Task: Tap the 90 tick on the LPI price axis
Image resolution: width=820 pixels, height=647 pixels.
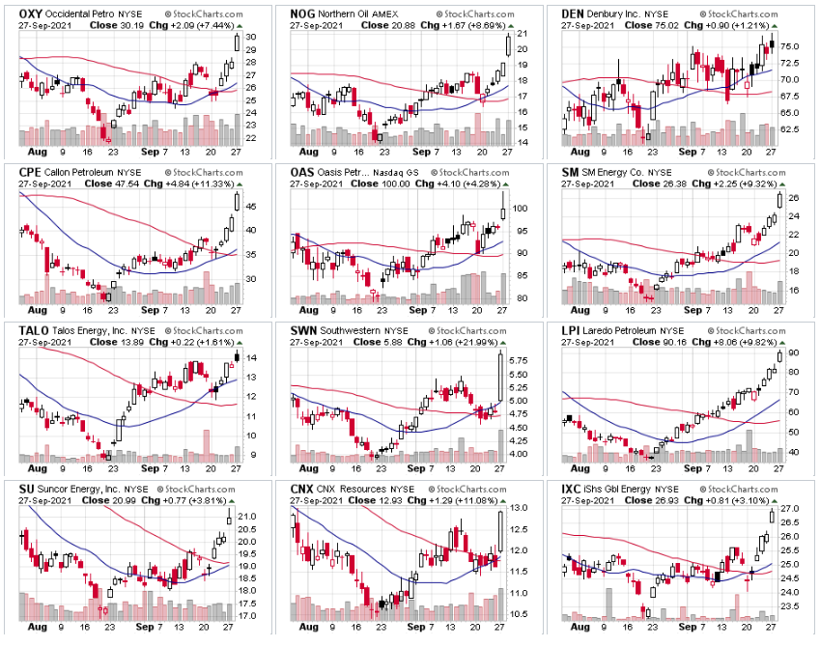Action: point(792,353)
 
